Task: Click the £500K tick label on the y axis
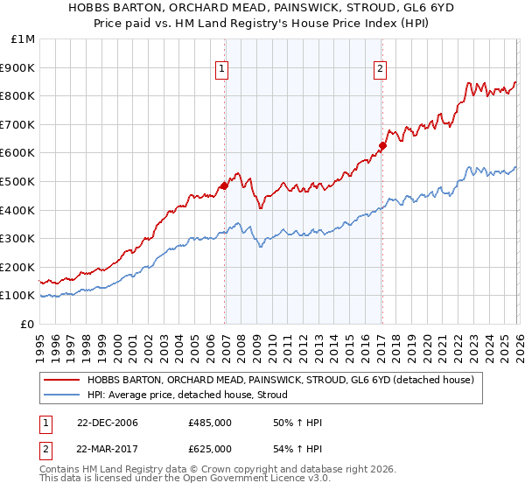click(17, 181)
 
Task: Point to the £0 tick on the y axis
click(26, 324)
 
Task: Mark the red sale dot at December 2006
click(224, 185)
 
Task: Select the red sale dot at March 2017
click(382, 145)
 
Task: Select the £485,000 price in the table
click(210, 423)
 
